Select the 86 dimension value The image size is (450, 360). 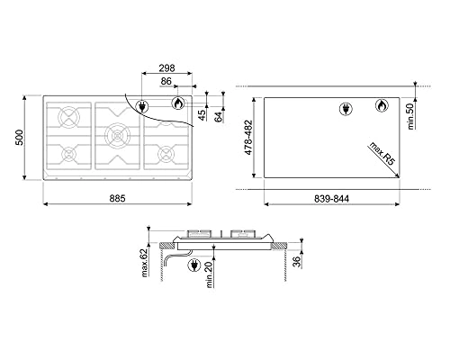coord(168,83)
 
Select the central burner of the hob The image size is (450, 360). coord(116,137)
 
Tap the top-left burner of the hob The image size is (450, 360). coord(68,118)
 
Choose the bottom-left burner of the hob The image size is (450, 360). coord(68,155)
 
